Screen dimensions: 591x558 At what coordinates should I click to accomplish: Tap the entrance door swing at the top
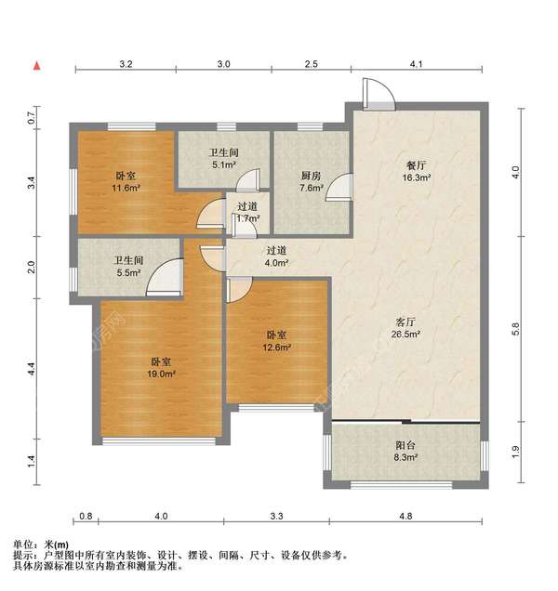point(376,92)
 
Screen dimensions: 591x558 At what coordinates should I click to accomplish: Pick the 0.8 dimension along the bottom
point(86,515)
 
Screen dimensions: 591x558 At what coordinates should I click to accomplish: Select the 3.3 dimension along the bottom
point(276,515)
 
